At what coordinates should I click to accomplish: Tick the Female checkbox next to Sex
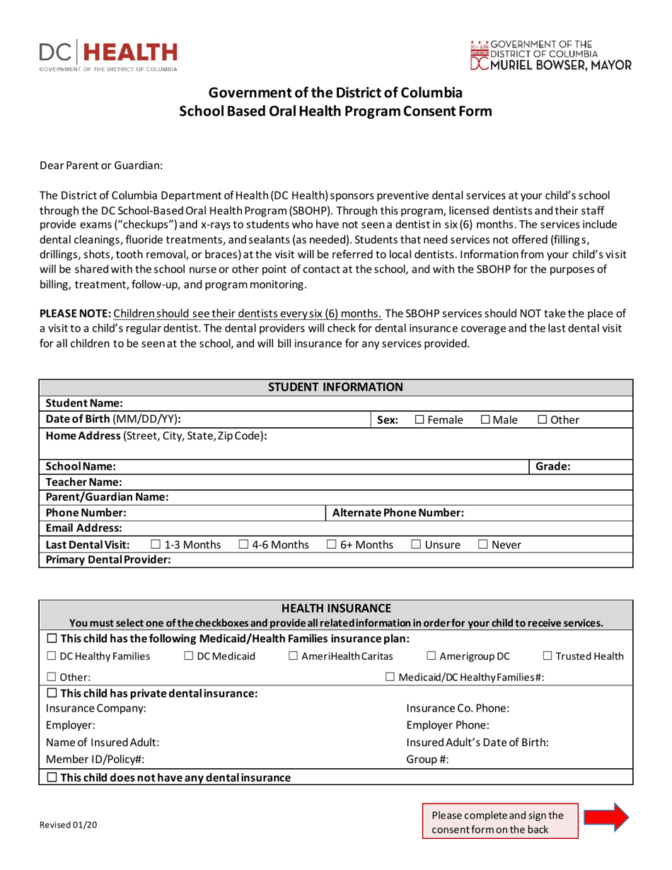coord(419,421)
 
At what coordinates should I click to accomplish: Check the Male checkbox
coord(487,421)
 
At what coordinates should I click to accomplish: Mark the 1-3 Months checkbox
coord(156,545)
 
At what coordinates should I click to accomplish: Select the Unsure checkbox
coord(415,545)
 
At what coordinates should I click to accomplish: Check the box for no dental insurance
coord(52,778)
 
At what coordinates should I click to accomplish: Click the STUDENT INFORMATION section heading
coord(336,387)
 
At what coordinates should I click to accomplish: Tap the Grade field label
coord(554,467)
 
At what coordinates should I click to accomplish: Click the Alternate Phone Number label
coord(398,512)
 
